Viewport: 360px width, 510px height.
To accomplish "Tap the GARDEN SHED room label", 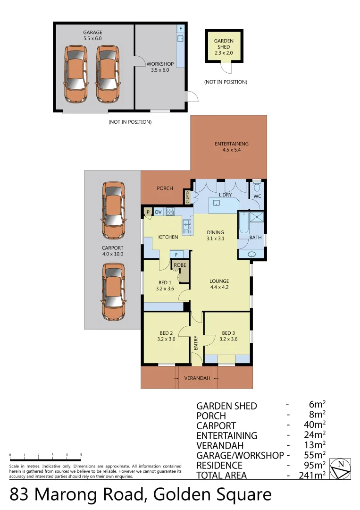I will click(224, 47).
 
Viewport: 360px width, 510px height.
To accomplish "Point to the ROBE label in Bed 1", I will click(180, 265).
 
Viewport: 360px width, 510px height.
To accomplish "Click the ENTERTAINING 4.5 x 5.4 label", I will click(231, 147).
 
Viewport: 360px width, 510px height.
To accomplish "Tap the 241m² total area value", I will click(312, 475).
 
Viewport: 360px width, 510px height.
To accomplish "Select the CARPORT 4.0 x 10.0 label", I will click(112, 251).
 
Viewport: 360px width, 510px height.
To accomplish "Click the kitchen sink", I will click(186, 227).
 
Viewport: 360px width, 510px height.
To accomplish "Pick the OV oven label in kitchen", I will click(158, 212).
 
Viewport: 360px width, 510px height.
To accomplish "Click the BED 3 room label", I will click(227, 335).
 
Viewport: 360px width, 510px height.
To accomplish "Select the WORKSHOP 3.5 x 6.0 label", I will click(159, 67).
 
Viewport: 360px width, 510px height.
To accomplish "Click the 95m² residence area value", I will click(314, 465).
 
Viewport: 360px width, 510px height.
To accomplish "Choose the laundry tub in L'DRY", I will click(216, 203).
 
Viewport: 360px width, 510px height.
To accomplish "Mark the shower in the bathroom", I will click(257, 218).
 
